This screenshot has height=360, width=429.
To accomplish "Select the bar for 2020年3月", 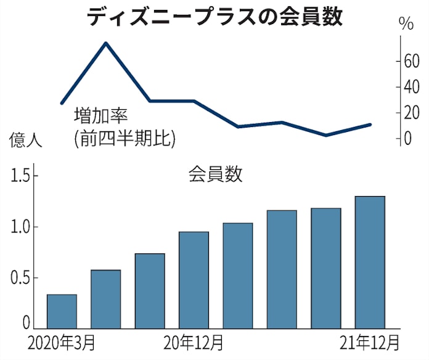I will pyautogui.click(x=62, y=311).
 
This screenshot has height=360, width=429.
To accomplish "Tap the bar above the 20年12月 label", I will pyautogui.click(x=194, y=280).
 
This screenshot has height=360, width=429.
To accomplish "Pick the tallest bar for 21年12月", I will pyautogui.click(x=370, y=262).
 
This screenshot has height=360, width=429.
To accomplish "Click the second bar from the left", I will pyautogui.click(x=106, y=299).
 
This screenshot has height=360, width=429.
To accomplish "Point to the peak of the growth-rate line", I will pyautogui.click(x=106, y=43).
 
